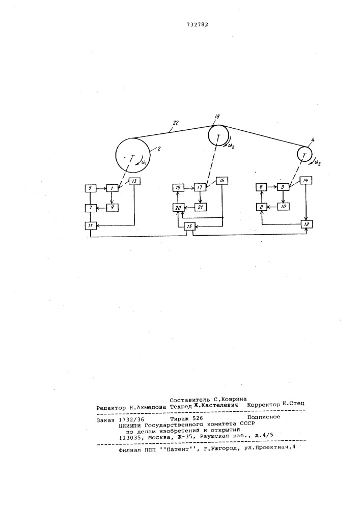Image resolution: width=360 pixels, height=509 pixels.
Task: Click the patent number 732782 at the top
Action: [197, 24]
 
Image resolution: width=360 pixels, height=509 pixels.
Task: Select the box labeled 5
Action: [91, 188]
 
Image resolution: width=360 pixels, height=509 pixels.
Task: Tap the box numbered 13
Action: [134, 182]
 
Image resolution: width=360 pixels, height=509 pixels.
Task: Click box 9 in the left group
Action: [113, 207]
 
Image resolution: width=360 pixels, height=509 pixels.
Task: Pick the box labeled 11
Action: [91, 225]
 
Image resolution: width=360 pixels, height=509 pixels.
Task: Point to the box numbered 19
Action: [178, 188]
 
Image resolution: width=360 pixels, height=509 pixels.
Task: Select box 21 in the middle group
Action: [200, 207]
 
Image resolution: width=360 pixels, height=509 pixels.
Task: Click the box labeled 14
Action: [305, 181]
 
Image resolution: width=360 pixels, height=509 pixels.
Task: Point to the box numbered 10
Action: [283, 206]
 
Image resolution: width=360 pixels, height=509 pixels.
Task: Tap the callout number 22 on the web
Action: [176, 123]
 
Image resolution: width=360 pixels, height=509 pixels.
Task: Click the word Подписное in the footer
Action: [264, 417]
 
